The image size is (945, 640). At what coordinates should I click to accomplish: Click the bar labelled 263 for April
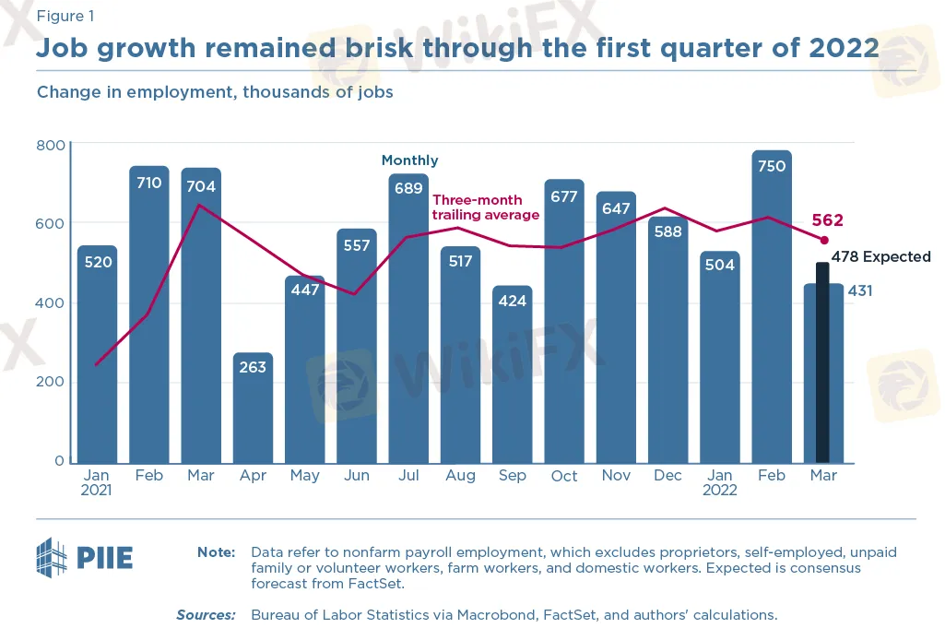[x=253, y=408]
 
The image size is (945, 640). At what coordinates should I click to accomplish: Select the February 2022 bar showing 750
[x=772, y=307]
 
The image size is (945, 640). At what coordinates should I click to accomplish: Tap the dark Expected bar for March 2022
[x=822, y=362]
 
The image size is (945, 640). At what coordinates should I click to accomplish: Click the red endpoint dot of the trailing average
[x=824, y=241]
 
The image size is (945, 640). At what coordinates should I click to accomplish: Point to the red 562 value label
[x=828, y=220]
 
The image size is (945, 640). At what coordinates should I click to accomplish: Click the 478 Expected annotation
[x=881, y=256]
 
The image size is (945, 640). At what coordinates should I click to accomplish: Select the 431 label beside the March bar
[x=860, y=290]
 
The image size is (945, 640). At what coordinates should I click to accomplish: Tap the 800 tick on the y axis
[x=50, y=145]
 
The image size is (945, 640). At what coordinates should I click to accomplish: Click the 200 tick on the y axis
[x=50, y=382]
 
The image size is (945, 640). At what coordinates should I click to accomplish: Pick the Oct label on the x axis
[x=564, y=476]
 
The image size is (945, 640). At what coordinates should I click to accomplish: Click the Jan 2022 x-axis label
[x=720, y=482]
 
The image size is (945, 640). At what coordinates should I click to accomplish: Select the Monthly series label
[x=410, y=160]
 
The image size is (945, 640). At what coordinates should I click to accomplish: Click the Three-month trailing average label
[x=486, y=207]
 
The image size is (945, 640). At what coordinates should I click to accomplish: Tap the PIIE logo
[x=85, y=557]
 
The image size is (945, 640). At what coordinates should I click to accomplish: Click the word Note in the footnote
[x=217, y=552]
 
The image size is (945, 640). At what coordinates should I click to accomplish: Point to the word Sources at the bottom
[x=207, y=615]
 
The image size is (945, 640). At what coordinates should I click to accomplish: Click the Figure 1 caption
[x=65, y=16]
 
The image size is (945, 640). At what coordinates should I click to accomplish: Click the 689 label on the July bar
[x=408, y=188]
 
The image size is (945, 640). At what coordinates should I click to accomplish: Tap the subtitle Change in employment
[x=215, y=92]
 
